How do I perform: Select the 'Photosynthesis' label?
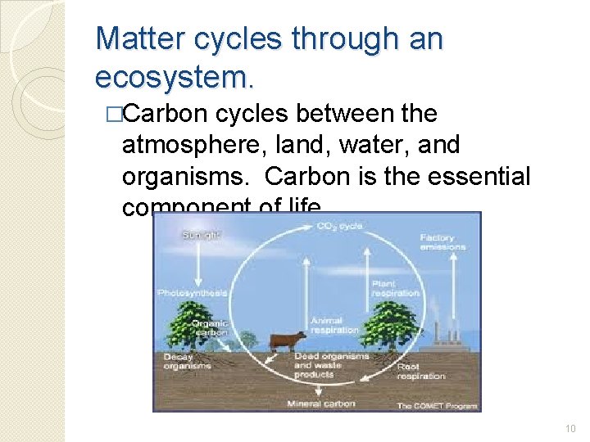point(193,292)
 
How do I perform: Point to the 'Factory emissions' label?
point(442,242)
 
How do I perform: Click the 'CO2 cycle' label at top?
point(339,224)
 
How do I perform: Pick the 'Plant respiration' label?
point(395,288)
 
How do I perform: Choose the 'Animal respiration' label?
point(334,325)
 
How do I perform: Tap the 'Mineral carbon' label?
point(321,404)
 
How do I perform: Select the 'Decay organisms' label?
point(187,361)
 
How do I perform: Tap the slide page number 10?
point(571,429)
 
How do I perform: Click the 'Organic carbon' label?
point(209,327)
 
